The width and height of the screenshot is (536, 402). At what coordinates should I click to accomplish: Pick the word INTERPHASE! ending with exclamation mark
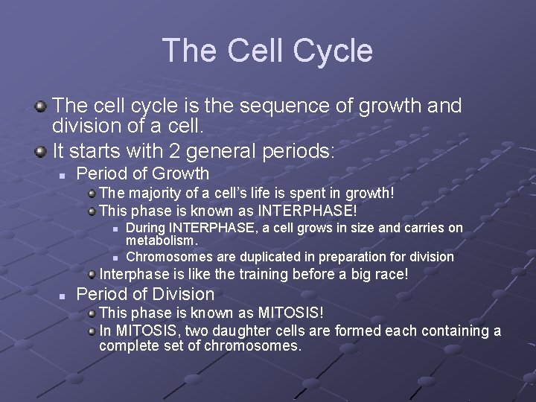tap(313, 210)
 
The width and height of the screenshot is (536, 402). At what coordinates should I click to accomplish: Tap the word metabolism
tap(162, 240)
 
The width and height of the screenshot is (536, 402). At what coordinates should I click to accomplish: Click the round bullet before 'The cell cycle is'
tap(42, 107)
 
